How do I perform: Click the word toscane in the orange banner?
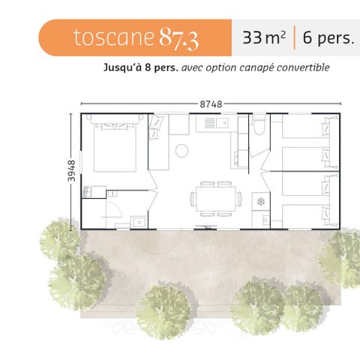tap(113, 38)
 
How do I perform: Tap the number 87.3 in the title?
tap(178, 39)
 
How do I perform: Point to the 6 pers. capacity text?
tap(328, 38)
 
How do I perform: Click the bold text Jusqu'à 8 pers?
tap(141, 67)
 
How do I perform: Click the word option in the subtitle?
tap(223, 67)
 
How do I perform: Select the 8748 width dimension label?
tap(211, 104)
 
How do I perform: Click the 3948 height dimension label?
tap(73, 170)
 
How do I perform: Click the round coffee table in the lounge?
tap(181, 151)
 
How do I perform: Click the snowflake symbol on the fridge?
tap(261, 202)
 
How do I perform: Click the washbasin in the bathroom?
tap(138, 220)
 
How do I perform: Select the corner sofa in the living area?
tap(159, 142)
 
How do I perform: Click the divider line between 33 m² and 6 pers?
tap(295, 38)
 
